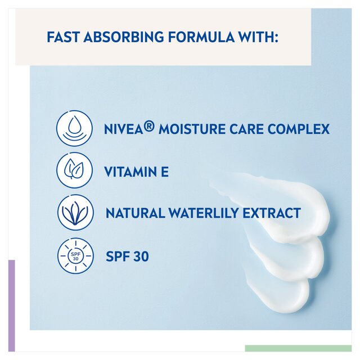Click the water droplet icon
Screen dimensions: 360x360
coord(75,128)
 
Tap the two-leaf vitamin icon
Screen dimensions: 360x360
coord(75,170)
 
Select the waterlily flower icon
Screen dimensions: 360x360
coord(75,213)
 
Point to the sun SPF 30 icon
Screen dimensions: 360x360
coord(75,256)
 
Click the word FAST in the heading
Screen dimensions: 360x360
coord(63,37)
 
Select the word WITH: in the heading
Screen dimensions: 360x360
coord(259,37)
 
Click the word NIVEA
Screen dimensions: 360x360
coord(123,129)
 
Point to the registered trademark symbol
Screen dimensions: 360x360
coord(149,127)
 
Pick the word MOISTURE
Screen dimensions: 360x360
coord(191,129)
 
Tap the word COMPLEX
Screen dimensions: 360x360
coord(299,129)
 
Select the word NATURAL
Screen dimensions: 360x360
coord(133,214)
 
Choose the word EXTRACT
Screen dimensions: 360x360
coord(274,214)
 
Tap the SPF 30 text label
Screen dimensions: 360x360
coord(127,256)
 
